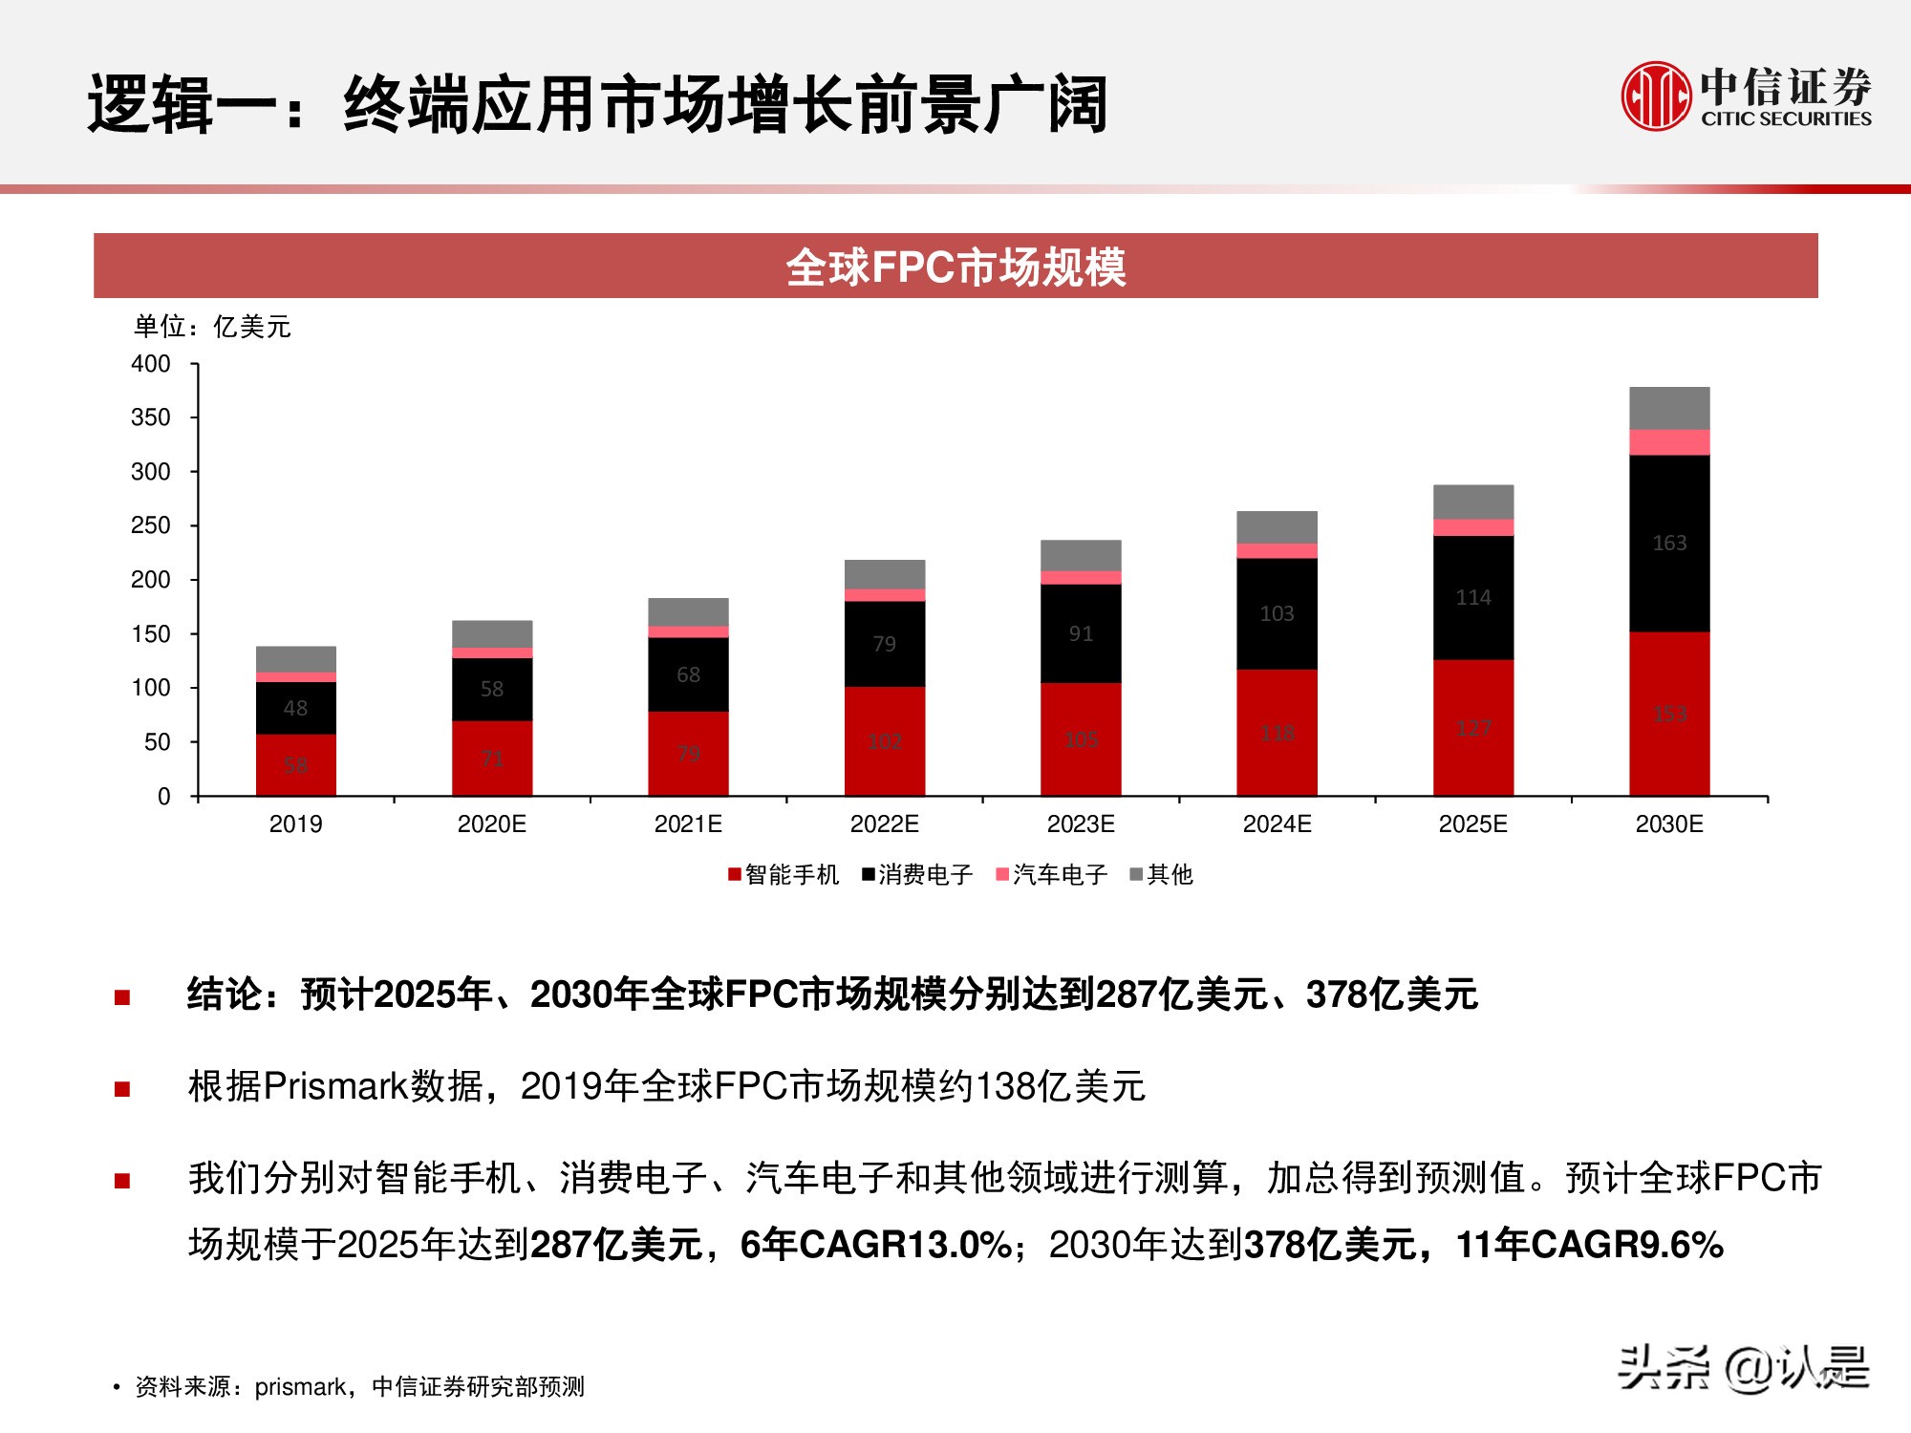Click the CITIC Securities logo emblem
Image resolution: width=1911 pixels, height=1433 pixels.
[x=1656, y=96]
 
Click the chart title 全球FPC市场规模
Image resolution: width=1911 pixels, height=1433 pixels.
[x=955, y=267]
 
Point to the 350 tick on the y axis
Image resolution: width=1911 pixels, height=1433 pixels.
[x=151, y=417]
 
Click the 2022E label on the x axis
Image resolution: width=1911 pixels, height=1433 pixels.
[x=884, y=823]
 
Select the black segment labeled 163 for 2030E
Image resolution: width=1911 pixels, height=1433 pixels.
[x=1669, y=543]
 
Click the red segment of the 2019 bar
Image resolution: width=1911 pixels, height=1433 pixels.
[x=296, y=764]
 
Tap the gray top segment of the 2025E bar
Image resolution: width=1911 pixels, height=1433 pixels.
[x=1472, y=502]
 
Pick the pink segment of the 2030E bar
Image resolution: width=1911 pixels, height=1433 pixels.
[x=1669, y=442]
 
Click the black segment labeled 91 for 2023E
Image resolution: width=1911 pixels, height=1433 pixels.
[x=1081, y=633]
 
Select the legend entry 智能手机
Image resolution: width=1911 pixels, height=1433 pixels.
[x=784, y=874]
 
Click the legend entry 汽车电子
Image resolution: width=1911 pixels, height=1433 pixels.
[x=1051, y=874]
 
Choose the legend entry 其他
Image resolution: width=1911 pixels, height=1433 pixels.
[x=1162, y=874]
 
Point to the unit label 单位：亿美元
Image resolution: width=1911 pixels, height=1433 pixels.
[x=212, y=327]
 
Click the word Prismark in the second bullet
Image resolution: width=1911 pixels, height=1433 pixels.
[x=335, y=1086]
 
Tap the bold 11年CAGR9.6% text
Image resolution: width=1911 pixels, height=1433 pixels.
[x=1589, y=1244]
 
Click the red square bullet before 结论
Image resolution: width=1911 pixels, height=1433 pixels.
[x=122, y=997]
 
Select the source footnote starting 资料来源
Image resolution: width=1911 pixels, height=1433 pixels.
[x=359, y=1386]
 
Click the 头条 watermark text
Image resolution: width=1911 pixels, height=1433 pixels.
[x=1664, y=1367]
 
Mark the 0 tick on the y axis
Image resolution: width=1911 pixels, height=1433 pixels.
[x=164, y=796]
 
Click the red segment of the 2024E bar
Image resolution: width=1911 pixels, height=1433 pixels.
[x=1277, y=733]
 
